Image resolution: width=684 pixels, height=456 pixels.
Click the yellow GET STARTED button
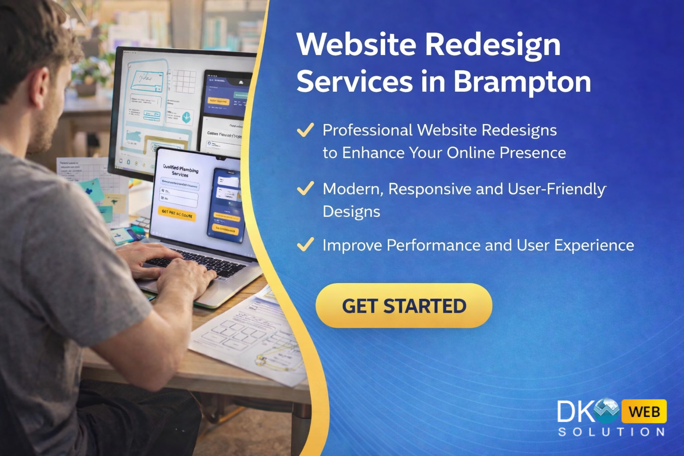(x=403, y=306)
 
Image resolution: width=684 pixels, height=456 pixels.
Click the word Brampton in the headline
(x=522, y=81)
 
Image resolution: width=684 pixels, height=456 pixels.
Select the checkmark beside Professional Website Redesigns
(x=305, y=130)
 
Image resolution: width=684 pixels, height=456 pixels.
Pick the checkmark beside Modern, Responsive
(x=305, y=188)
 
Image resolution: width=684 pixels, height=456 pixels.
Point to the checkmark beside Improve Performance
(x=305, y=244)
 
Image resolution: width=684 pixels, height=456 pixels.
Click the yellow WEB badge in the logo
(x=644, y=411)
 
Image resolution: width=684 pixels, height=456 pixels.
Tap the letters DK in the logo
(x=575, y=411)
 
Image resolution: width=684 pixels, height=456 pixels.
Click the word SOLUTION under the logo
(x=611, y=432)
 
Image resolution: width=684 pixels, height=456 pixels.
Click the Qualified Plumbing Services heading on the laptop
(x=180, y=171)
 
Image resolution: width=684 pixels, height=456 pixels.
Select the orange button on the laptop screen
(x=177, y=214)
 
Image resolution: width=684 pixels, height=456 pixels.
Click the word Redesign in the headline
(x=493, y=45)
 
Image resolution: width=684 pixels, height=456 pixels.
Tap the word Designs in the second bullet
(x=351, y=212)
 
